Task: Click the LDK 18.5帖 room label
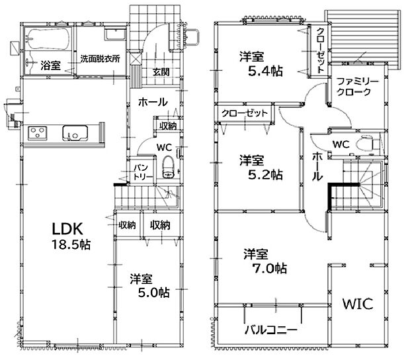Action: [71, 236]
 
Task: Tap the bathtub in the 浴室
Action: [49, 39]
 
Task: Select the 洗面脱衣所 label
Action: [100, 59]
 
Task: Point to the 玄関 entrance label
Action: [161, 72]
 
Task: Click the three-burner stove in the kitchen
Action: [38, 133]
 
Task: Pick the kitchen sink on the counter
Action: [75, 133]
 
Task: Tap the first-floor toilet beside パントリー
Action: [167, 167]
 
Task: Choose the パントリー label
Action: [142, 172]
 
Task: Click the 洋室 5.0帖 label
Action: [149, 286]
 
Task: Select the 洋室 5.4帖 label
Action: [261, 64]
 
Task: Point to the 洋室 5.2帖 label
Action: [261, 167]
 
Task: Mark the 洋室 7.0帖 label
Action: [265, 261]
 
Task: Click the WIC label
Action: [358, 304]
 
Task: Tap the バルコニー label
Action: [271, 330]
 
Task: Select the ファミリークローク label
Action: [357, 87]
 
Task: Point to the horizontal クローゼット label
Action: [244, 113]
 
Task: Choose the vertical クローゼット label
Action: [321, 50]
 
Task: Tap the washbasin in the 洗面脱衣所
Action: [115, 34]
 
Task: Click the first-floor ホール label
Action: [153, 102]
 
